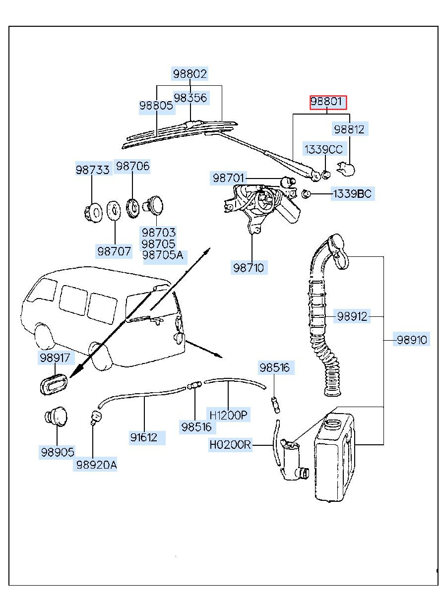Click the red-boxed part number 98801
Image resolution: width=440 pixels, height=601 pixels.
pyautogui.click(x=328, y=103)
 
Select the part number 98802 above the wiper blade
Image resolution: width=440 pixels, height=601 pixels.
pyautogui.click(x=190, y=74)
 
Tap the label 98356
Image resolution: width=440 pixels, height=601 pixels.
pyautogui.click(x=190, y=98)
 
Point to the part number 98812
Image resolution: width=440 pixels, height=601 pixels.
pyautogui.click(x=349, y=130)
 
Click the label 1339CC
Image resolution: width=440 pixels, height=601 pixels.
pyautogui.click(x=323, y=149)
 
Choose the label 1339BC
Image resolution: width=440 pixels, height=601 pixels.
pyautogui.click(x=351, y=194)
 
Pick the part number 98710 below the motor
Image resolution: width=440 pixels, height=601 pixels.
pyautogui.click(x=250, y=268)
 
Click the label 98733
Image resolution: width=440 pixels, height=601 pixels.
pyautogui.click(x=92, y=170)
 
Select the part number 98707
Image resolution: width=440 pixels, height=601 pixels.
pyautogui.click(x=114, y=251)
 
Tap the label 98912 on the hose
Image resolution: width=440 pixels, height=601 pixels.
pyautogui.click(x=352, y=316)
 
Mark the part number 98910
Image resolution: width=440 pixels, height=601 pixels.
pyautogui.click(x=411, y=340)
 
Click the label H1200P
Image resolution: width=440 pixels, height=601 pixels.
pyautogui.click(x=228, y=415)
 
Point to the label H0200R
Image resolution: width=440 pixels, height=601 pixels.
pyautogui.click(x=230, y=445)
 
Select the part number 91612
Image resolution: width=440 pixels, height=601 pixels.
pyautogui.click(x=144, y=437)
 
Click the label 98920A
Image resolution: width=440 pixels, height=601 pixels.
pyautogui.click(x=96, y=465)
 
